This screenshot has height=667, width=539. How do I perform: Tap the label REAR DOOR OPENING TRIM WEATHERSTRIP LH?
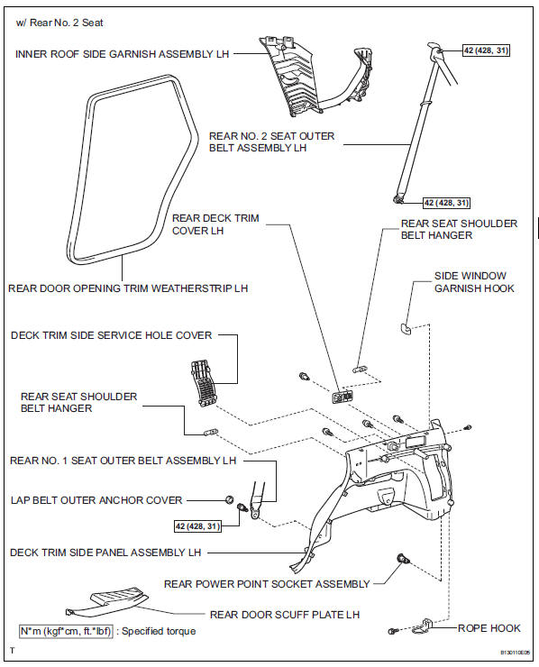tap(128, 288)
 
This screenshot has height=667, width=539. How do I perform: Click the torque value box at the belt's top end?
tap(486, 50)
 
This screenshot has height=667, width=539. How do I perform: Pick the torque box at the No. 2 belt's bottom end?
tap(446, 203)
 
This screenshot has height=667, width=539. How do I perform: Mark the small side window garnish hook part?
tap(405, 325)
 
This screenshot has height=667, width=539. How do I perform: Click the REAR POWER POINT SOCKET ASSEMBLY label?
tap(267, 583)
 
